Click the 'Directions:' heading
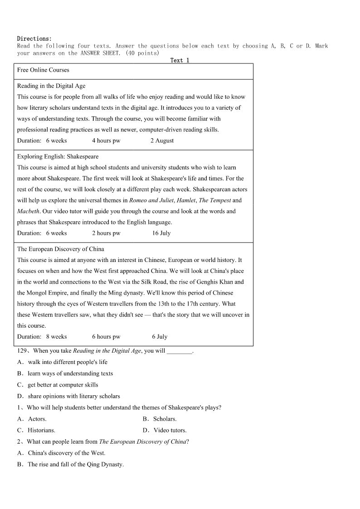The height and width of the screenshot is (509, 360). tap(34, 39)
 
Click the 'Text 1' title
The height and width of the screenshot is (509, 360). tap(180, 60)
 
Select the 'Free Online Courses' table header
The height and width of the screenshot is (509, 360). tap(43, 70)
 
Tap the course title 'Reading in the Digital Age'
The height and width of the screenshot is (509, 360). tap(51, 86)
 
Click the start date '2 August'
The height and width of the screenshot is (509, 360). tap(162, 141)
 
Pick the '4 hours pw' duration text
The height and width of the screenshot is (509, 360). tap(106, 141)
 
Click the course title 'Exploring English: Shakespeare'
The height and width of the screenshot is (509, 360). tap(58, 156)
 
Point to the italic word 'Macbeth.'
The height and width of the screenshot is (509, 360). tap(29, 211)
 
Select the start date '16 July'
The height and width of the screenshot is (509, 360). tap(161, 233)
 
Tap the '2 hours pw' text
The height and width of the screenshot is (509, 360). tap(106, 233)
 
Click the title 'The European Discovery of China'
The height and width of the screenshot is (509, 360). tap(60, 249)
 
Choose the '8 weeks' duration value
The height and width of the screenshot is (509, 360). tap(56, 337)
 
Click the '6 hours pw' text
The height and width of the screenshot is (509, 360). tap(106, 337)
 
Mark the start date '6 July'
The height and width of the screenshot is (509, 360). tap(160, 337)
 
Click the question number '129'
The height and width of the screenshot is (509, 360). tap(22, 351)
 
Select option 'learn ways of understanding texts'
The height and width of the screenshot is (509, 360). tap(70, 373)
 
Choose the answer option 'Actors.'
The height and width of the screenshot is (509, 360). tap(37, 419)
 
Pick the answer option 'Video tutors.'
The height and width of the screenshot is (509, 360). tap(170, 430)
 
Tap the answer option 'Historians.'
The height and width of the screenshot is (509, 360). tap(41, 430)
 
